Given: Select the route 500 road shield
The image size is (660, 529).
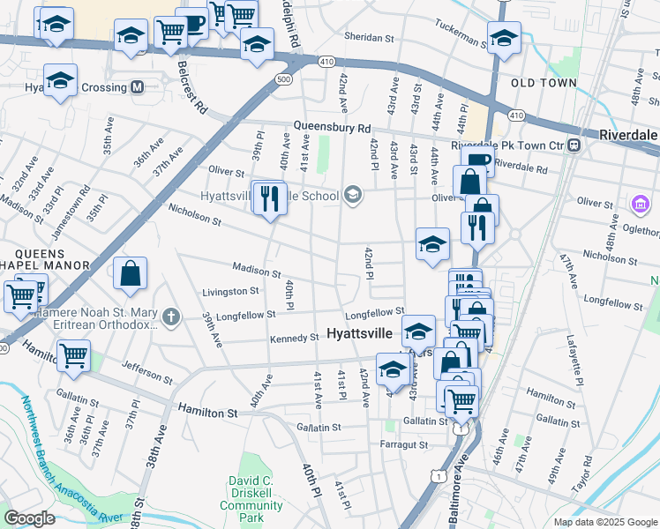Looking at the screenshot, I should [x=283, y=79].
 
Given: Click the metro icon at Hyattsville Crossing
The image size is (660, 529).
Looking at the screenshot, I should [x=137, y=87].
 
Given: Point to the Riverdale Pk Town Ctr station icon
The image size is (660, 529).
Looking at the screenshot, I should [x=574, y=145].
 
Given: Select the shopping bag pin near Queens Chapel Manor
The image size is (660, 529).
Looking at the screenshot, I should [x=131, y=273].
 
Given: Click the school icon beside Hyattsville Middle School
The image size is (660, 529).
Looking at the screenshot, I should [x=353, y=195].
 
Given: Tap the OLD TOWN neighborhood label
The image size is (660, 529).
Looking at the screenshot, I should [x=544, y=83].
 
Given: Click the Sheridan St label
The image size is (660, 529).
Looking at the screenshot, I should [x=368, y=38].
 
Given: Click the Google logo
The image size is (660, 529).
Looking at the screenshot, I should [x=30, y=518].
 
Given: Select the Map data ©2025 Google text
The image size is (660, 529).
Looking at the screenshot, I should [x=604, y=522].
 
